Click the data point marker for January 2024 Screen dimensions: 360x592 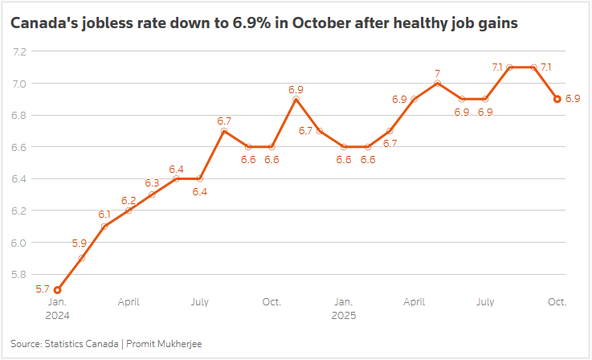57,290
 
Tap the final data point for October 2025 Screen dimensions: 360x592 557,99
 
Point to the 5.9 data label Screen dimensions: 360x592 79,243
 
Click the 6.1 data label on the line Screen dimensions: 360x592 104,215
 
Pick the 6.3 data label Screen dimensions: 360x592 152,183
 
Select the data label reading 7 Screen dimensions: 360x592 438,73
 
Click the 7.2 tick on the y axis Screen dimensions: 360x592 20,51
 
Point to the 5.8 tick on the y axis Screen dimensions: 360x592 20,275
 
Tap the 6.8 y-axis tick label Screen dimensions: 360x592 20,115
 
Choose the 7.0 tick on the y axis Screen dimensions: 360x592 20,84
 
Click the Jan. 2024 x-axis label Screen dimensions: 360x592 57,309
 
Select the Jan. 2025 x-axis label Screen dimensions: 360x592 342,309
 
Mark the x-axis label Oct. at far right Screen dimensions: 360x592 557,302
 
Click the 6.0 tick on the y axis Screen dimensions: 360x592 20,243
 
